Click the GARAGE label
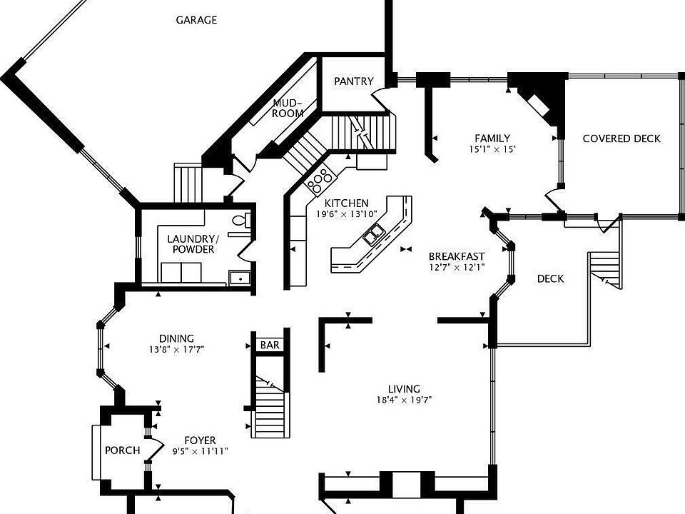pyautogui.click(x=196, y=20)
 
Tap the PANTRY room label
pyautogui.click(x=354, y=81)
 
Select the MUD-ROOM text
pyautogui.click(x=288, y=109)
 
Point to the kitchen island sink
pyautogui.click(x=374, y=234)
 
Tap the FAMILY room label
pyautogui.click(x=492, y=138)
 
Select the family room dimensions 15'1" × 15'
pyautogui.click(x=492, y=150)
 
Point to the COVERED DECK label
pyautogui.click(x=621, y=138)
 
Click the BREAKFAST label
pyautogui.click(x=457, y=256)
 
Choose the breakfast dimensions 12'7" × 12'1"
pyautogui.click(x=457, y=268)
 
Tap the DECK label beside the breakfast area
pyautogui.click(x=550, y=278)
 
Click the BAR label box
pyautogui.click(x=270, y=345)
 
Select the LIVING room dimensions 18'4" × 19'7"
pyautogui.click(x=404, y=400)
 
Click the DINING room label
pyautogui.click(x=177, y=338)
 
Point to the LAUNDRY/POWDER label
pyautogui.click(x=191, y=244)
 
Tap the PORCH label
pyautogui.click(x=122, y=450)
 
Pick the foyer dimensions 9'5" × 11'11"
pyautogui.click(x=200, y=451)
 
